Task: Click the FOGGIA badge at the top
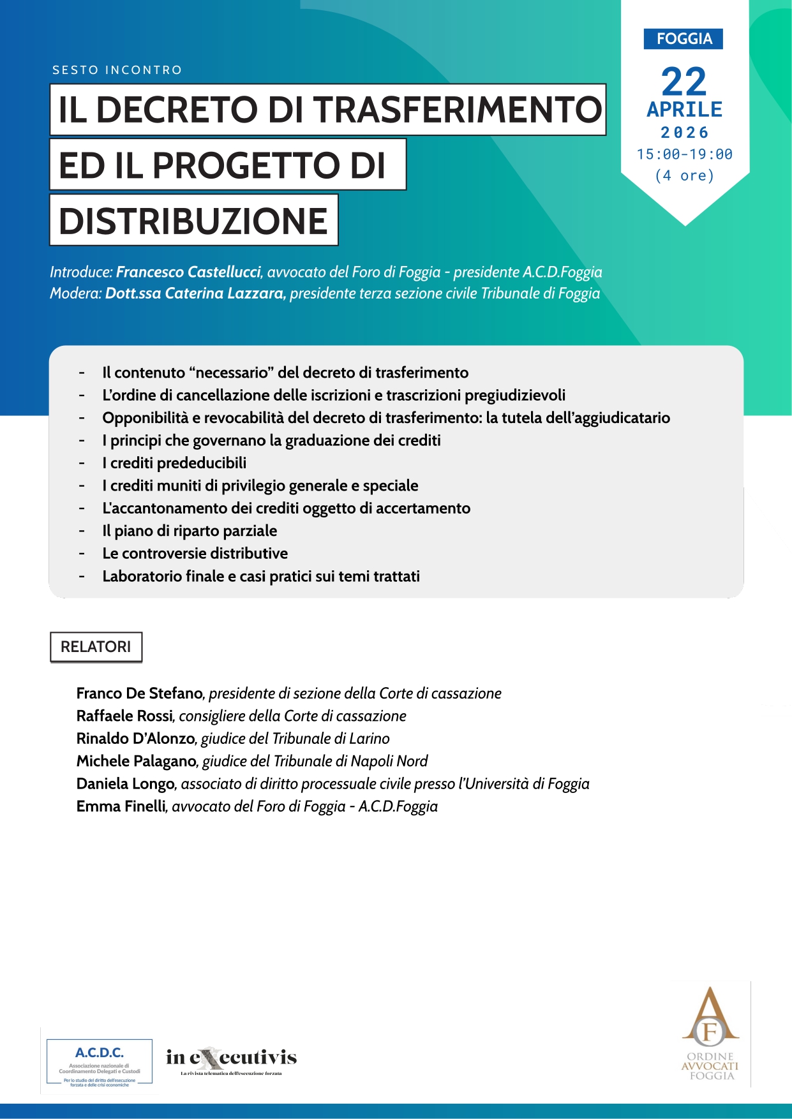point(684,39)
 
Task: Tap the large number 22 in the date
point(684,82)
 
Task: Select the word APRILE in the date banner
point(684,110)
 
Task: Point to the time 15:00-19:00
point(684,154)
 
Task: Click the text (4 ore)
point(684,175)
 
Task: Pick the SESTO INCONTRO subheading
point(117,70)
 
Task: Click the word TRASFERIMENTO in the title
point(458,110)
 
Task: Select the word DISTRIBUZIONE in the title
point(193,221)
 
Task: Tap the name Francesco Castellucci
point(188,272)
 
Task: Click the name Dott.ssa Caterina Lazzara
point(195,293)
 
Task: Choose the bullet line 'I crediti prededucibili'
point(174,463)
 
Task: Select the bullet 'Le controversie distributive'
point(195,554)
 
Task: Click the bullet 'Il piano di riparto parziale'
point(190,531)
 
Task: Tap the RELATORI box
point(96,647)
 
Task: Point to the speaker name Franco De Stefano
point(139,693)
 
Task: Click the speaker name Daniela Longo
point(125,784)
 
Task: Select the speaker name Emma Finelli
point(121,806)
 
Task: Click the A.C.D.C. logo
point(100,1062)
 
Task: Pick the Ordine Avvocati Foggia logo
point(710,1034)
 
